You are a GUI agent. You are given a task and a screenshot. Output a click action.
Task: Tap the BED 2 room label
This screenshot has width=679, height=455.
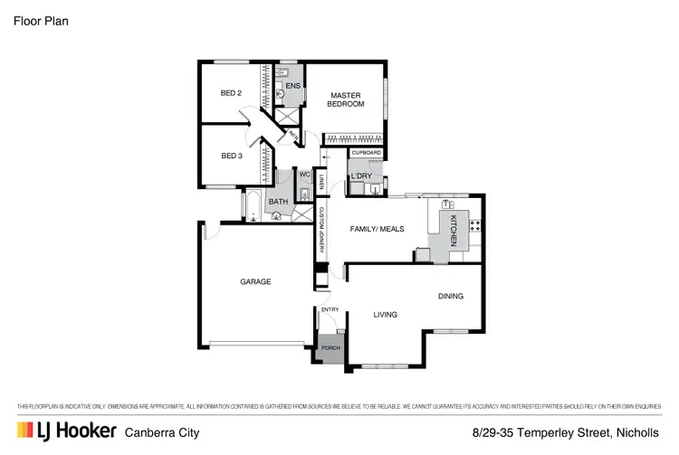point(232,93)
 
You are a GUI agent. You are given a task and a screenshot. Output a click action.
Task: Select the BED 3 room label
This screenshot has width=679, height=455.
point(232,156)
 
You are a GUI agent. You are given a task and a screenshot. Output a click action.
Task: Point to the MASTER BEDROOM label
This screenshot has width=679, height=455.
point(347,100)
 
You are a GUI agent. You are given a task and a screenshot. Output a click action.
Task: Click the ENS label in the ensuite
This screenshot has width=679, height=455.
point(293,85)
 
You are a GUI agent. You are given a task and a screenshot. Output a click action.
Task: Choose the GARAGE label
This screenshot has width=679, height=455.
point(255,281)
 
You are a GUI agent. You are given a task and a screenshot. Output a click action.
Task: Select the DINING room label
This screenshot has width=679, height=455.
point(451,296)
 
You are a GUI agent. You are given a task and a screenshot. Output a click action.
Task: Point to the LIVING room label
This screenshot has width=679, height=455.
point(387,315)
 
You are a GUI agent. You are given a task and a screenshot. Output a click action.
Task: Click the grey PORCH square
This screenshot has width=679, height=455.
point(330,349)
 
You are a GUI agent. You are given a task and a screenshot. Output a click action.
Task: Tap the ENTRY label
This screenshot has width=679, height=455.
point(330,309)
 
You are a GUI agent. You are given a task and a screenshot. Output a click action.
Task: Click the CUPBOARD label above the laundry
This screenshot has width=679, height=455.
point(367,153)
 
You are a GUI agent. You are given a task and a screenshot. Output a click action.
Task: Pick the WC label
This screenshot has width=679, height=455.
point(305,175)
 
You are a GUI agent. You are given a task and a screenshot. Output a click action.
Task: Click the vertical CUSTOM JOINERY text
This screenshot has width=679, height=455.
point(320,230)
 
